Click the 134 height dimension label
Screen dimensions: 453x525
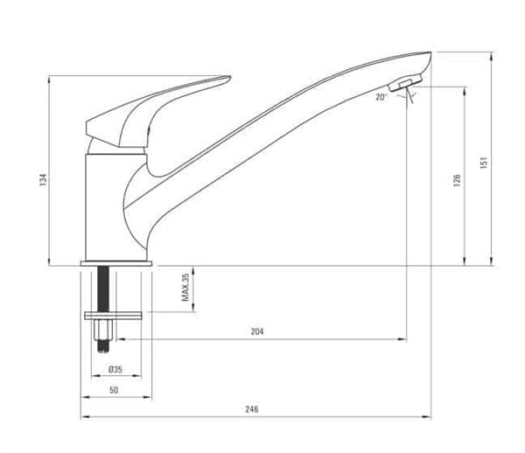[x=42, y=179]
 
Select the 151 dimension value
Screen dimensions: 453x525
[x=482, y=162]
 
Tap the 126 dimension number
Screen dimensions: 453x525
[x=456, y=180]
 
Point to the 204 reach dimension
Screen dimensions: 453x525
[x=257, y=331]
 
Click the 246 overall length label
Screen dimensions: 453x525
[x=252, y=409]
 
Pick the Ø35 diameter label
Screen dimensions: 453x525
[x=115, y=369]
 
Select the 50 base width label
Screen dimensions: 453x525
[x=115, y=390]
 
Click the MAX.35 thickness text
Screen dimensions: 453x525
[x=185, y=287]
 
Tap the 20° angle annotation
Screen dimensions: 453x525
[x=381, y=97]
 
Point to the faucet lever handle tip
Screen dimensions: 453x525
[x=226, y=79]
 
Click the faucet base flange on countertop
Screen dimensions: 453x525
[x=117, y=262]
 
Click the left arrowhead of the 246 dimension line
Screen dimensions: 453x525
[x=84, y=418]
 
